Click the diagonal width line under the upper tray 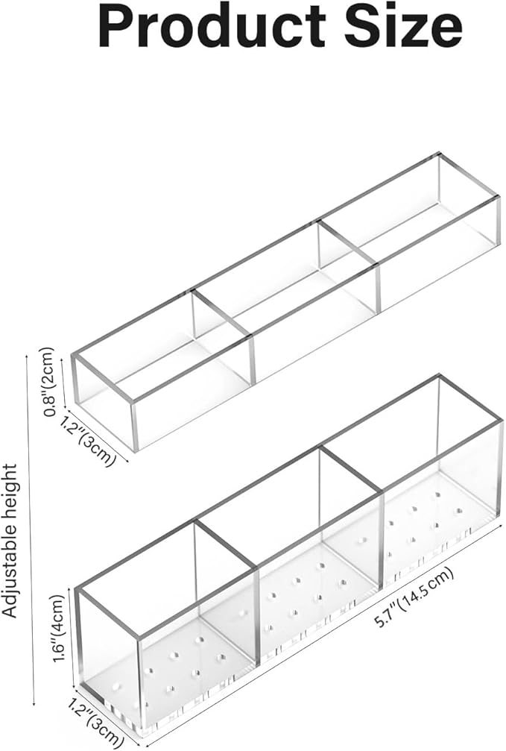[x=99, y=436]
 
